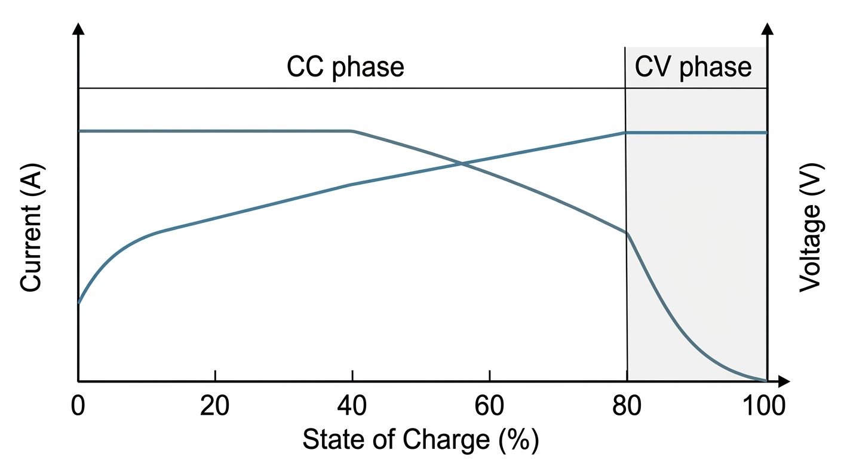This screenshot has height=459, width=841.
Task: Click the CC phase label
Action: (345, 68)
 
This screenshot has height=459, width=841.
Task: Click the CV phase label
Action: (693, 68)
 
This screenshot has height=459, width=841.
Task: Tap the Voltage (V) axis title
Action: (811, 228)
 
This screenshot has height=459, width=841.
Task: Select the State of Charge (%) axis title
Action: (420, 441)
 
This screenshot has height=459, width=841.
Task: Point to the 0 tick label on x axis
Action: (78, 407)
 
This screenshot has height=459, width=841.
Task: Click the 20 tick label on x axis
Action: (214, 407)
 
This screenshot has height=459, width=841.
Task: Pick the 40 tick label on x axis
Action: (352, 407)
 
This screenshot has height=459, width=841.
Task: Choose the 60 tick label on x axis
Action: (489, 407)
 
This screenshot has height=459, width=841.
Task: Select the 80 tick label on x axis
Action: (627, 407)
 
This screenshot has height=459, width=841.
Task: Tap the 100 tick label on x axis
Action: (763, 407)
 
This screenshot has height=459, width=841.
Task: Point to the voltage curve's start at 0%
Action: (79, 303)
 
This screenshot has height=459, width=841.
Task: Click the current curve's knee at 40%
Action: (352, 131)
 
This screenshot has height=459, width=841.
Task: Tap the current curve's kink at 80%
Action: (627, 232)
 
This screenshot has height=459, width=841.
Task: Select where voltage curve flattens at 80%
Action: (625, 132)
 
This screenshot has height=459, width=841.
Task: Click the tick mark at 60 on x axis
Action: (489, 375)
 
